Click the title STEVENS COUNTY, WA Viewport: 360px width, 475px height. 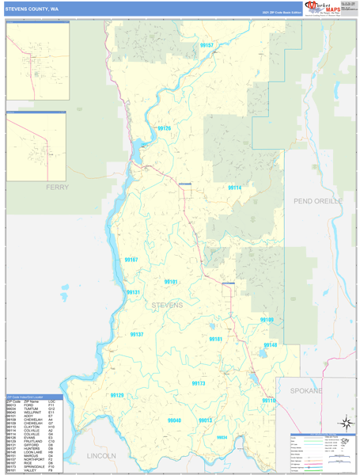click(32, 9)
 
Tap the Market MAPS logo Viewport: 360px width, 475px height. click(324, 8)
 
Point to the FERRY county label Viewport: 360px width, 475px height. click(57, 187)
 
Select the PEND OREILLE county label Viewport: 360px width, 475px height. click(317, 201)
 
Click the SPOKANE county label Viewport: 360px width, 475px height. click(305, 391)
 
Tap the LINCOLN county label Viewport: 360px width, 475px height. click(101, 455)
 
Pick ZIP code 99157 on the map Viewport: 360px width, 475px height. click(207, 46)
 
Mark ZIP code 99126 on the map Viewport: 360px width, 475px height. click(164, 128)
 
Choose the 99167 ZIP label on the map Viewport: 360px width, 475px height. click(131, 260)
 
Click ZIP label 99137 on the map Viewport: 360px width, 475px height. click(137, 335)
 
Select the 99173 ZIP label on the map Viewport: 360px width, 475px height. click(198, 383)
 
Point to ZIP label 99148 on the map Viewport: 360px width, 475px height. click(271, 345)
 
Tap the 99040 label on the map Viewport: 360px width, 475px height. click(174, 420)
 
